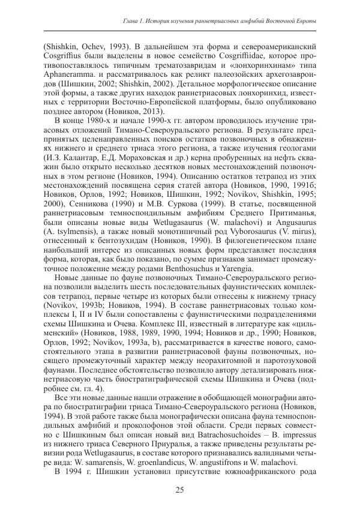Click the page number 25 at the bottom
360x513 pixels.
(x=180, y=491)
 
